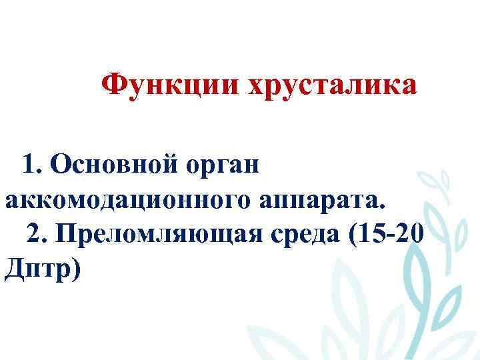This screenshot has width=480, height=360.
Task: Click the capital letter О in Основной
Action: click(x=59, y=163)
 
